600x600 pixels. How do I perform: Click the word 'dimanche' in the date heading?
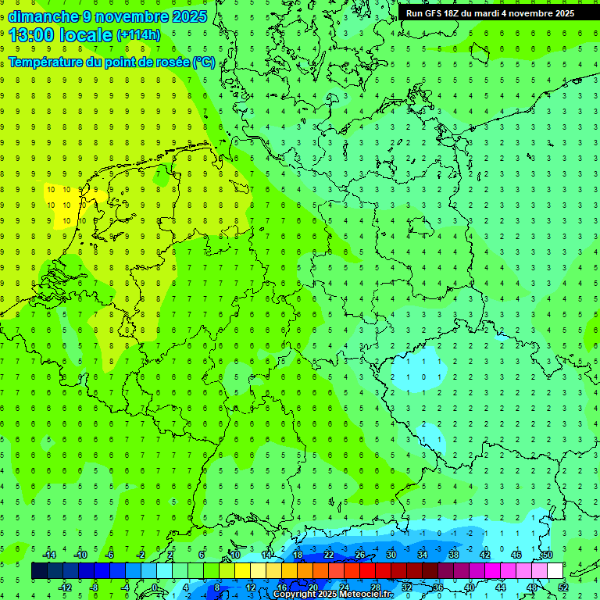click(43, 16)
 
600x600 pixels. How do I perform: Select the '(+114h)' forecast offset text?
click(138, 34)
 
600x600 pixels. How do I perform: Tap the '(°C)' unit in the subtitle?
click(204, 62)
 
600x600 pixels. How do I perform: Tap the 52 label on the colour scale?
click(563, 587)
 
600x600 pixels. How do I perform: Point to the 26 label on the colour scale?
click(360, 555)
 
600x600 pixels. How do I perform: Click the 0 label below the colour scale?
click(155, 587)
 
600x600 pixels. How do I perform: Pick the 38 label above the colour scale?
click(454, 555)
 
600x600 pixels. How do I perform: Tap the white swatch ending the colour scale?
click(555, 571)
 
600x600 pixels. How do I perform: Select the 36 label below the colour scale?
click(438, 587)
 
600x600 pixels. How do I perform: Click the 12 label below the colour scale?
click(251, 587)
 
